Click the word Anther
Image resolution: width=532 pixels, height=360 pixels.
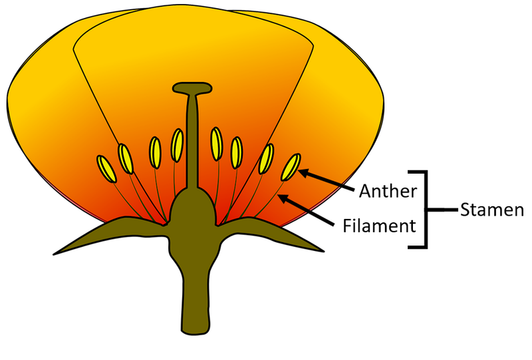click(388, 191)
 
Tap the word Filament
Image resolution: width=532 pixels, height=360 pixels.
click(379, 225)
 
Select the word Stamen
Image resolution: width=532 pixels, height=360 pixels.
click(491, 210)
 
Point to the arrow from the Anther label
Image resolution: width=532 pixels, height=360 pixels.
click(326, 180)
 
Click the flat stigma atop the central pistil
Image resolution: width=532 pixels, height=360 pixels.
click(192, 87)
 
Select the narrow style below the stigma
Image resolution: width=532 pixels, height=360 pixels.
click(192, 140)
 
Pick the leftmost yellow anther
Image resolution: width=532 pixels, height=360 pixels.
click(106, 168)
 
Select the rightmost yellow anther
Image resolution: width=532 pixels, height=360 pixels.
click(291, 168)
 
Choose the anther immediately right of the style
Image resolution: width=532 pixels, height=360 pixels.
click(216, 143)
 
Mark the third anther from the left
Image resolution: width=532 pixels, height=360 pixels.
click(155, 151)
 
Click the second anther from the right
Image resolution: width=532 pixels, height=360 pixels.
click(267, 158)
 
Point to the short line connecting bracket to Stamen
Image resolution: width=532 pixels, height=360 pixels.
click(442, 210)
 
